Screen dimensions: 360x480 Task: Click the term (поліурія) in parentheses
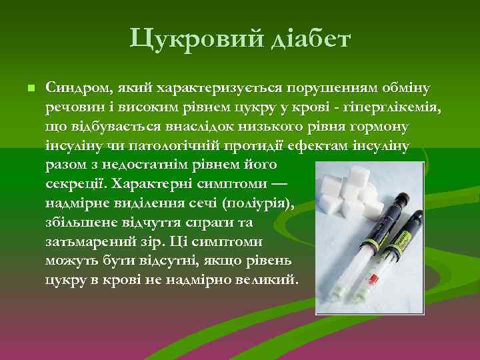pos(259,202)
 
